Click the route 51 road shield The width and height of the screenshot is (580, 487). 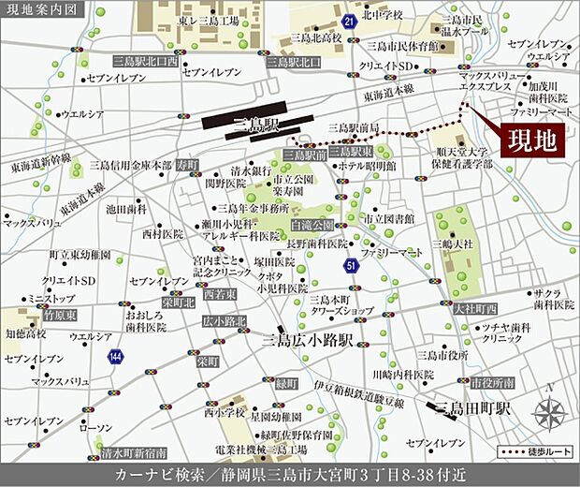[x=351, y=267]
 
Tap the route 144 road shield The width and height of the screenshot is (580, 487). [x=115, y=356]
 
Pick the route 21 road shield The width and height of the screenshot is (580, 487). [x=348, y=19]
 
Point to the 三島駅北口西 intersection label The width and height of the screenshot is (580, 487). [x=144, y=61]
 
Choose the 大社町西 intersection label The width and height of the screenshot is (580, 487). [x=475, y=306]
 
